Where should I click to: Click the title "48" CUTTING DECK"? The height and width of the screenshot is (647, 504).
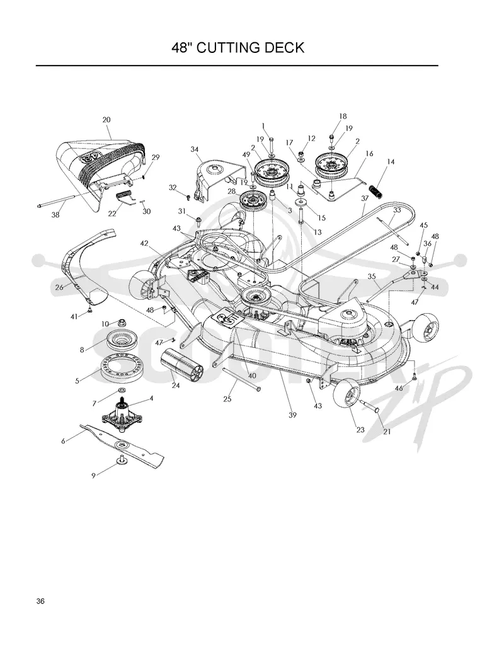238,48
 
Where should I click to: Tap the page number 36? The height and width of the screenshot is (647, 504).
40,601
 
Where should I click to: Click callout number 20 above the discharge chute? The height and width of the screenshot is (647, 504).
106,120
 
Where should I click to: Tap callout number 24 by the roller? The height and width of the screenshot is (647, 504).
176,386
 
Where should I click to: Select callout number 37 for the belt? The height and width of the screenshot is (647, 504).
365,198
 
